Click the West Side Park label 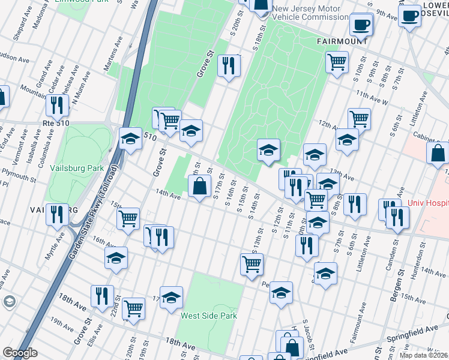click(x=209, y=316)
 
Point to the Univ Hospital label click(x=428, y=203)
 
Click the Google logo click(x=20, y=353)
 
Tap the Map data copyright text click(x=423, y=355)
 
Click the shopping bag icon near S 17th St click(x=200, y=186)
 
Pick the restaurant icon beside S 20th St click(x=228, y=66)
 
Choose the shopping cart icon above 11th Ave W click(x=337, y=61)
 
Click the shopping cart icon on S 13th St click(x=252, y=263)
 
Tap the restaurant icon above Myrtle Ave click(x=58, y=214)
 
